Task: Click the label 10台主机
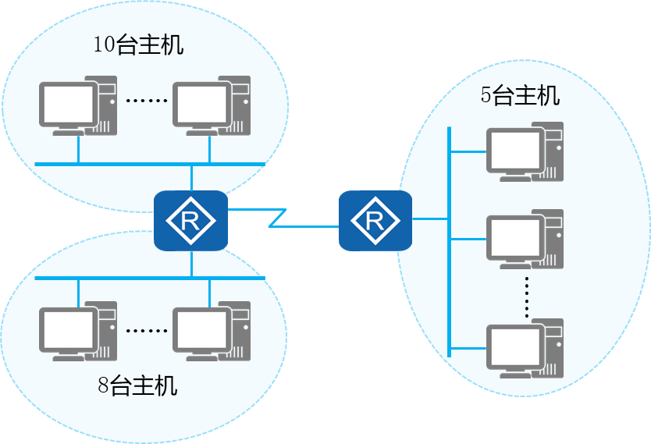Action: (138, 44)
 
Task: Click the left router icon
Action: (190, 220)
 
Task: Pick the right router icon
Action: (375, 220)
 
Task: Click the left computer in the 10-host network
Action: (78, 107)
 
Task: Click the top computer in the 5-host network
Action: (525, 151)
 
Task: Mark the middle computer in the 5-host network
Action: (525, 240)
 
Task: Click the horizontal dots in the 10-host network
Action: (147, 101)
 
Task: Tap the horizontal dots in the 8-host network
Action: (147, 330)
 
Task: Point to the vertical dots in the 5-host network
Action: (528, 296)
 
